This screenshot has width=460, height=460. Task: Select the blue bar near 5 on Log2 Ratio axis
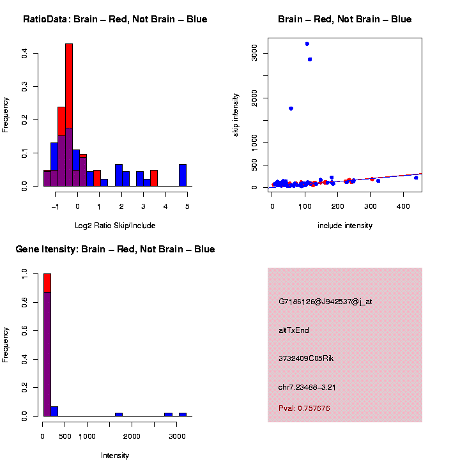pyautogui.click(x=183, y=175)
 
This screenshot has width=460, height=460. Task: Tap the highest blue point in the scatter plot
pyautogui.click(x=307, y=43)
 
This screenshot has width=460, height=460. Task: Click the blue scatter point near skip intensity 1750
pyautogui.click(x=291, y=109)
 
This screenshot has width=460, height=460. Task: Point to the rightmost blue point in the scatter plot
pyautogui.click(x=416, y=178)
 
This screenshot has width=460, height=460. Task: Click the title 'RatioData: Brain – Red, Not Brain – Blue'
pyautogui.click(x=115, y=19)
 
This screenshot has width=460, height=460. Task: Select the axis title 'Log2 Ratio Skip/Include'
pyautogui.click(x=115, y=226)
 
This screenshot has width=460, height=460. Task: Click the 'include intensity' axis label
pyautogui.click(x=345, y=226)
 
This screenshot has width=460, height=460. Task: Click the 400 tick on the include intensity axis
pyautogui.click(x=403, y=206)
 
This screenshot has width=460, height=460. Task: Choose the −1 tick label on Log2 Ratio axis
pyautogui.click(x=56, y=206)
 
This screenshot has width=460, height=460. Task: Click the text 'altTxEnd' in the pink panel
pyautogui.click(x=294, y=330)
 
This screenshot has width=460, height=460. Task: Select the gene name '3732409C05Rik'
pyautogui.click(x=306, y=358)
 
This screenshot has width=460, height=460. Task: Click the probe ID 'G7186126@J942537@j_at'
pyautogui.click(x=325, y=302)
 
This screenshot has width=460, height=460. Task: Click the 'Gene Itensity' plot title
pyautogui.click(x=115, y=249)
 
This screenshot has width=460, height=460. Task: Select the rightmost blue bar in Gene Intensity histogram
pyautogui.click(x=183, y=415)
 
